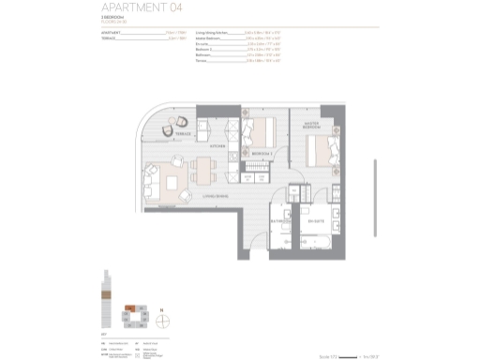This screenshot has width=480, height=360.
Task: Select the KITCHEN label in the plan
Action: tap(217, 146)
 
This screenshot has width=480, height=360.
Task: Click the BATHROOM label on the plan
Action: tap(278, 222)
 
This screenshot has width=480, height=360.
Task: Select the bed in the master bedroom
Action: tap(322, 147)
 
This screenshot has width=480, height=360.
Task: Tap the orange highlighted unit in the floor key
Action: tap(130, 305)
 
